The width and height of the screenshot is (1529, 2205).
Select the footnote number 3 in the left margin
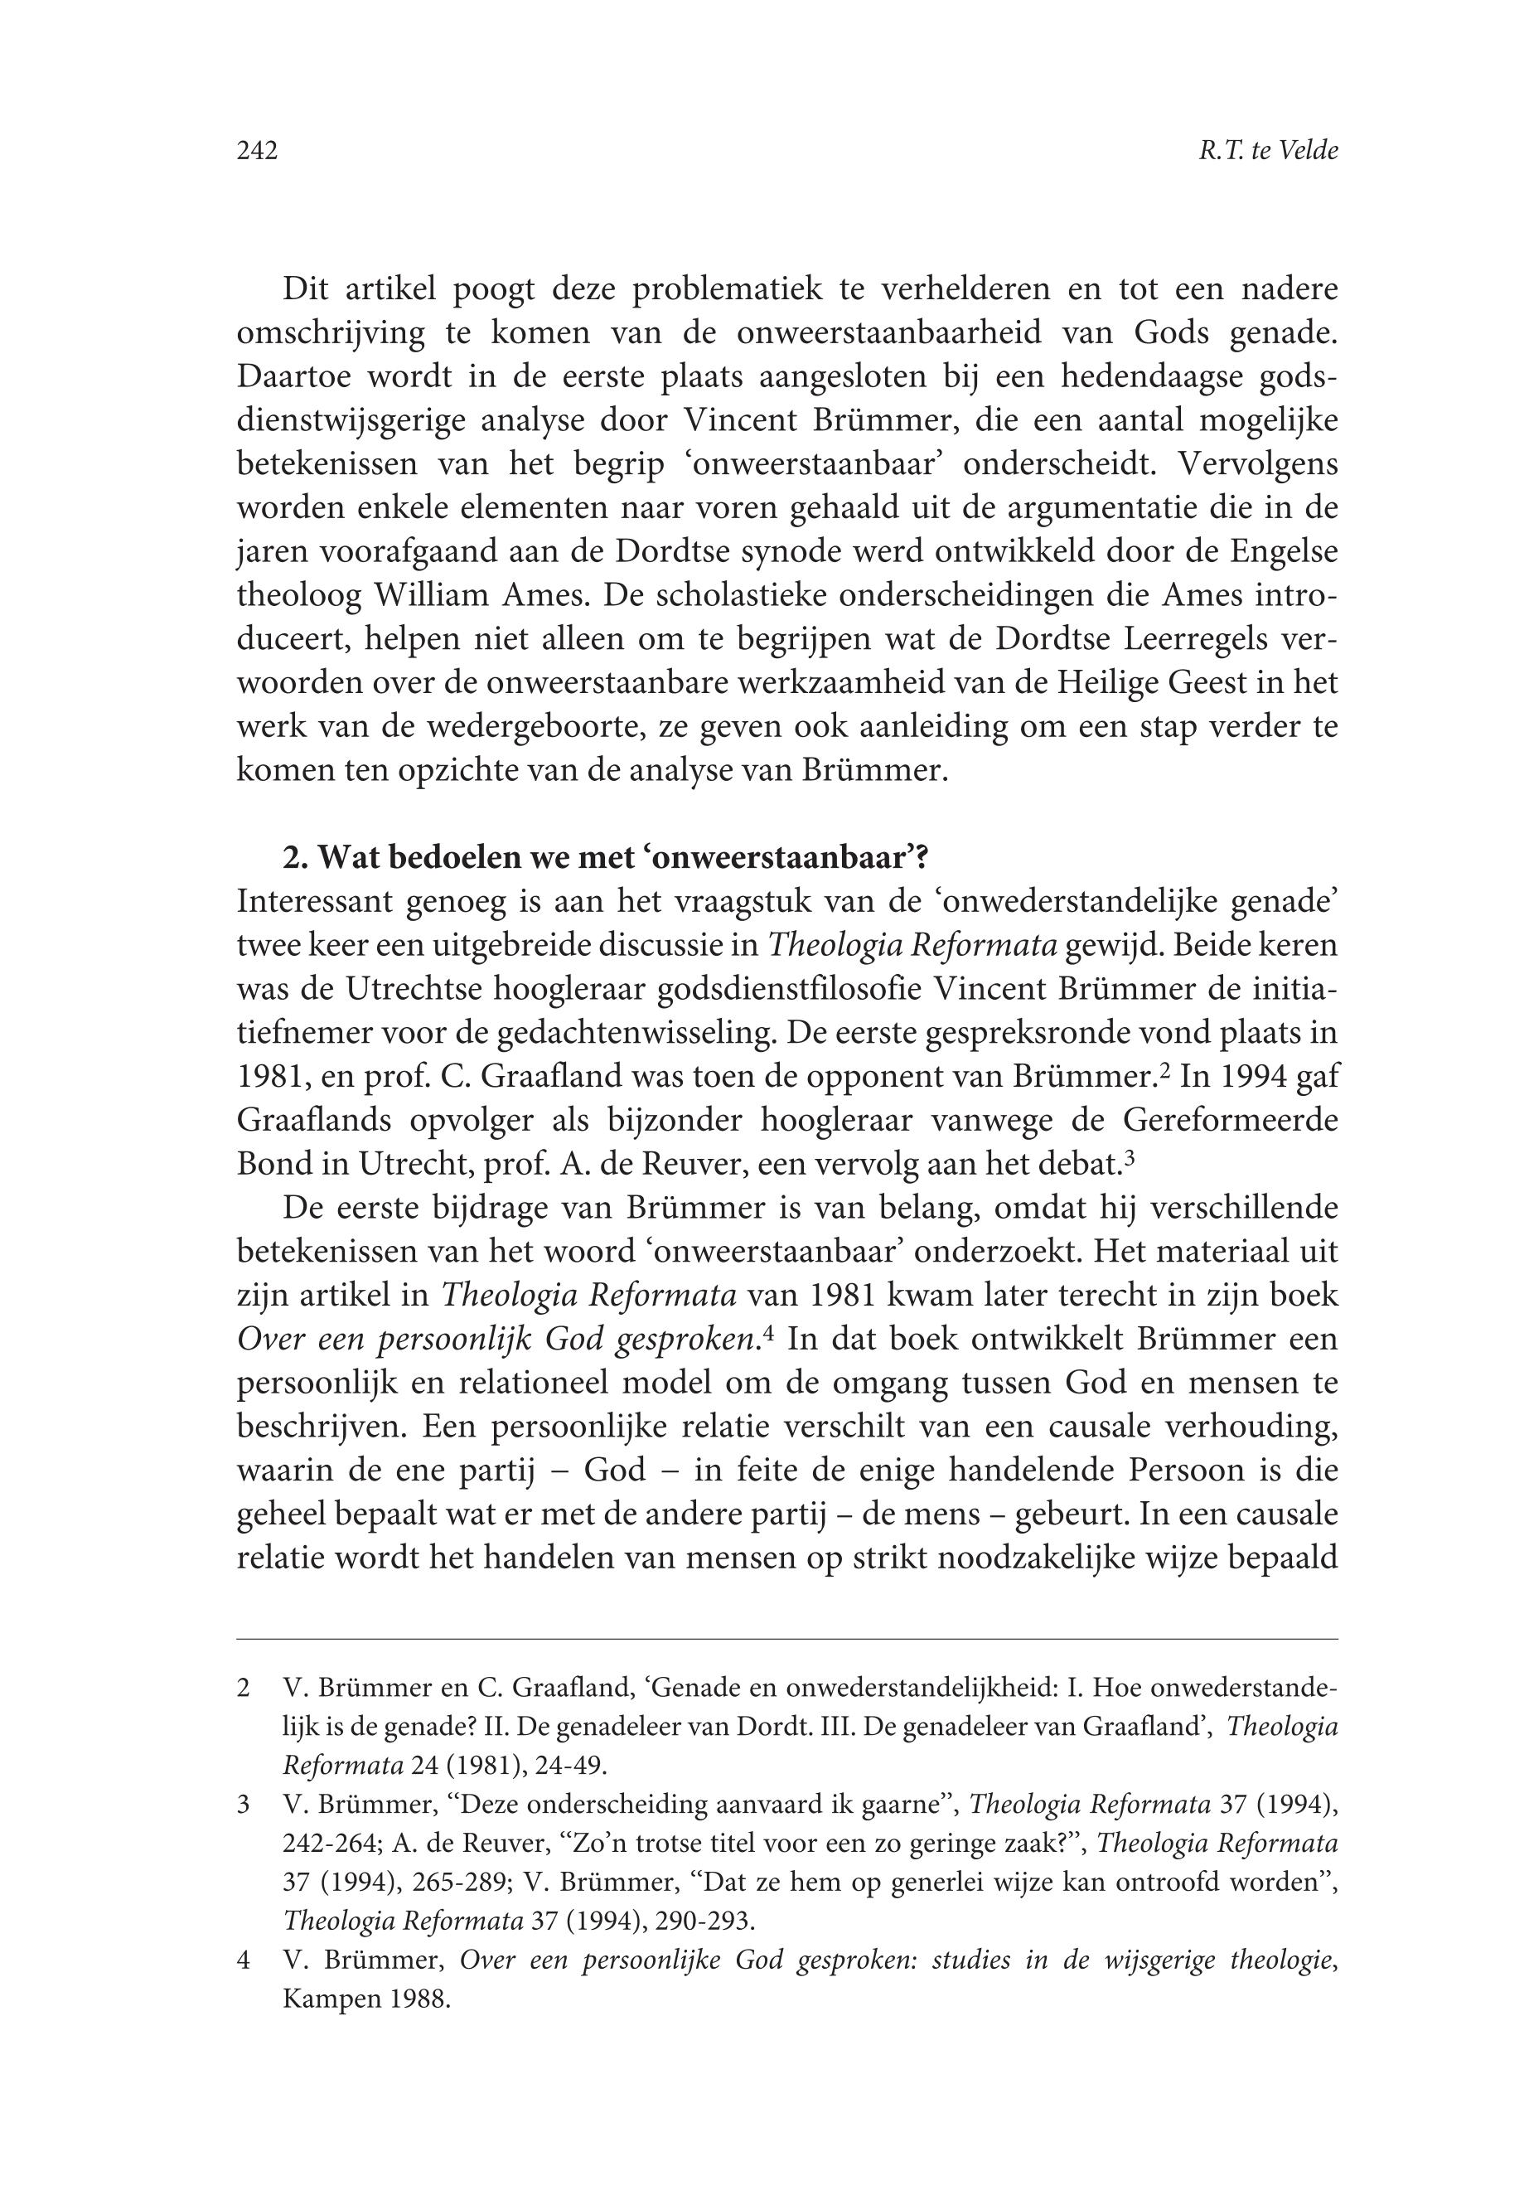pos(244,1805)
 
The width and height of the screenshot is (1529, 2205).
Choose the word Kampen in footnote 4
pos(325,2000)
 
